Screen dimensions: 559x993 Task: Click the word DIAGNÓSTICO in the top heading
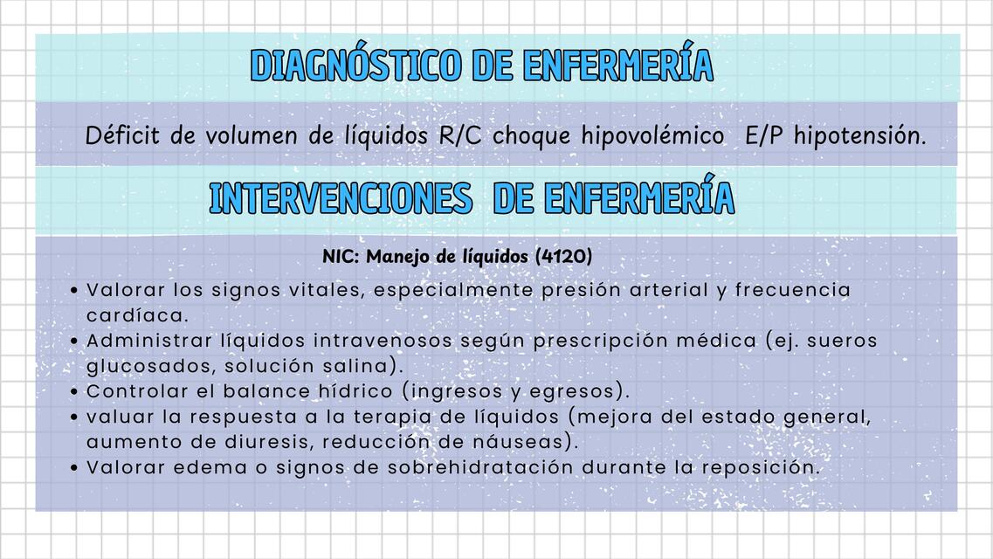click(x=355, y=66)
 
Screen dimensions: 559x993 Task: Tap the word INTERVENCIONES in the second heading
click(x=341, y=199)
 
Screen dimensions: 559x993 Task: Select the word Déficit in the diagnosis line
click(x=117, y=136)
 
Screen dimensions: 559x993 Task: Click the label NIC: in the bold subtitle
click(x=341, y=257)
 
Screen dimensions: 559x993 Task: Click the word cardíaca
click(x=137, y=314)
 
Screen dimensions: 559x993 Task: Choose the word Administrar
click(x=149, y=341)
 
